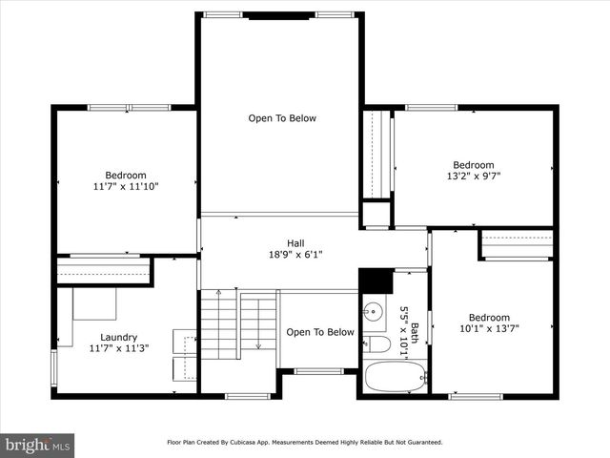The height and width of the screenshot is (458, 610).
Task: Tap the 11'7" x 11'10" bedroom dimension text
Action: (125, 187)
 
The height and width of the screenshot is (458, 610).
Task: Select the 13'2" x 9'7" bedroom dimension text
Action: (473, 177)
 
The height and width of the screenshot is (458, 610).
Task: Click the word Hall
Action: (295, 242)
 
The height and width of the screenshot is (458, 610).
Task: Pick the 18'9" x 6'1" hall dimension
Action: (295, 254)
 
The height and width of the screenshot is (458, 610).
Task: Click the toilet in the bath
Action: (376, 344)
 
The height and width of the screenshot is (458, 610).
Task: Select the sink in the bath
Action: (373, 312)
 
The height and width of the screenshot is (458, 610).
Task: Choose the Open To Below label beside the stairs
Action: (320, 332)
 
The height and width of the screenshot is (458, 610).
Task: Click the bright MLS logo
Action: (38, 445)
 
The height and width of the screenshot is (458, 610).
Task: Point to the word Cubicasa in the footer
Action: (256, 443)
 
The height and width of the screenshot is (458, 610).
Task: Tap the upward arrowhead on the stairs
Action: (218, 293)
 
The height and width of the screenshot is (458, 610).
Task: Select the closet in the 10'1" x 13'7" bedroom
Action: (517, 244)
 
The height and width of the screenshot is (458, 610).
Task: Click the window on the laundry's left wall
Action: (53, 368)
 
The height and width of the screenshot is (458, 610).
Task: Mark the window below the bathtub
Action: (394, 396)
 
